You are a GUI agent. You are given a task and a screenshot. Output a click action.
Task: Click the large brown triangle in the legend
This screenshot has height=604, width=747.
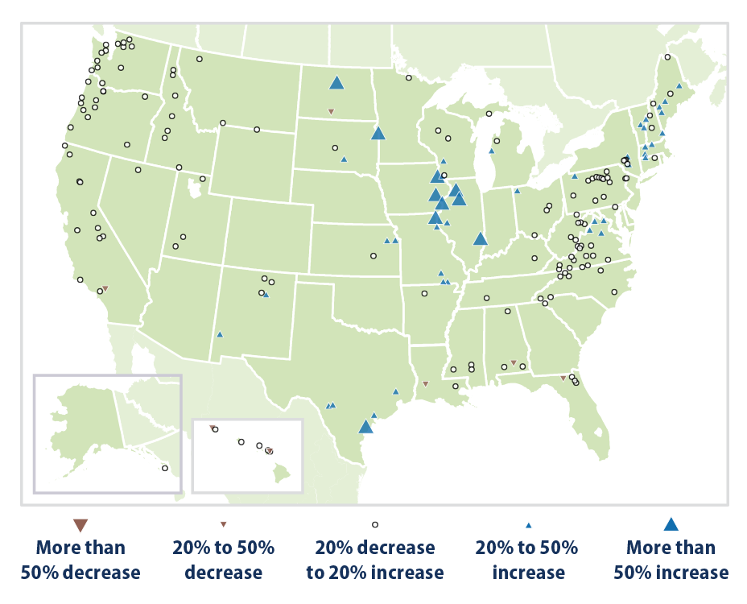tap(80, 525)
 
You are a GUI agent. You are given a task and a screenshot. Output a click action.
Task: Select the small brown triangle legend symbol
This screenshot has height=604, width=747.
tap(224, 525)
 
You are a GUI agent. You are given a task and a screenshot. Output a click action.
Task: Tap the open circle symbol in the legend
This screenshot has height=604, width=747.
tap(374, 525)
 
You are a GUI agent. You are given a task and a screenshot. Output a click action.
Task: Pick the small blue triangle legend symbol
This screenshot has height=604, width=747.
tap(528, 525)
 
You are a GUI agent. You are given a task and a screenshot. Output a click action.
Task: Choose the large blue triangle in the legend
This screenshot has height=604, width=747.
tap(671, 524)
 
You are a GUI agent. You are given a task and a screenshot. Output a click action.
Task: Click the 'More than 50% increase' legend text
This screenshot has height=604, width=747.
tap(671, 560)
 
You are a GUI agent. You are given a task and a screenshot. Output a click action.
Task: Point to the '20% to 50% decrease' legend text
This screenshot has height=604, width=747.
tap(224, 560)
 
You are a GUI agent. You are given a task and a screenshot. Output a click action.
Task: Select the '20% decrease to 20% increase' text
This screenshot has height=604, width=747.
tap(374, 560)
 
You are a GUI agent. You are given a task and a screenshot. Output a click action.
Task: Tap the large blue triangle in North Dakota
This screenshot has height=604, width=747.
tap(336, 82)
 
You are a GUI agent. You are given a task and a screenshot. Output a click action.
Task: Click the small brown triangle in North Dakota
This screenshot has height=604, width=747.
tap(330, 111)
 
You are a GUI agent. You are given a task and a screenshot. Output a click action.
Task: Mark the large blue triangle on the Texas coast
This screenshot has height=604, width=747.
tap(365, 427)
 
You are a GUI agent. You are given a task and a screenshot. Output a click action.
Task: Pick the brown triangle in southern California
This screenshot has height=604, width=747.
tap(105, 288)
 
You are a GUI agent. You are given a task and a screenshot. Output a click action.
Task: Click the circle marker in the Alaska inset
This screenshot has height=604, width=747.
tap(165, 468)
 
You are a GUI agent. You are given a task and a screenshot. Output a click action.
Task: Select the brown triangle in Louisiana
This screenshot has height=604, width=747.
tap(426, 383)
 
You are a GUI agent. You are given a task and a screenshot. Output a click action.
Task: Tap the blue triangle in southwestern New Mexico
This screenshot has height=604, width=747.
tap(219, 334)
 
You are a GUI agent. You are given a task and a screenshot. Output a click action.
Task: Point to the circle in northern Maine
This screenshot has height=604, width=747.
tap(667, 57)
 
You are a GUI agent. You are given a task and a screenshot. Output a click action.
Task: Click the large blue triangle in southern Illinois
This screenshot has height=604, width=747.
tap(480, 238)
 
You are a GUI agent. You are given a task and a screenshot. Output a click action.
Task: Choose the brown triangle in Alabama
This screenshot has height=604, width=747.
tap(514, 363)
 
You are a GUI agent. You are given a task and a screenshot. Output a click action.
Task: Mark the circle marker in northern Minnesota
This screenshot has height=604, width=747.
tap(408, 78)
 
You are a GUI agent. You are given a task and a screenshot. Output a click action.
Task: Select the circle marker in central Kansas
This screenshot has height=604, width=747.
tap(373, 256)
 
